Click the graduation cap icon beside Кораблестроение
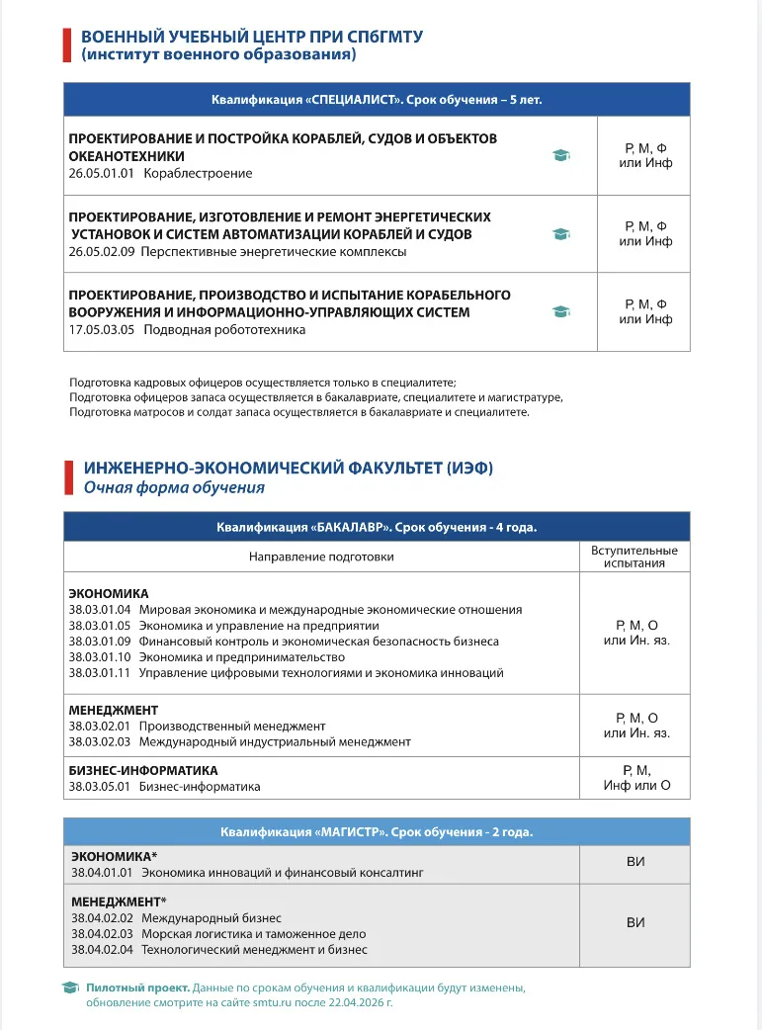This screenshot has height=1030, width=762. tap(561, 155)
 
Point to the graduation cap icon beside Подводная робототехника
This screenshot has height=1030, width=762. tap(561, 311)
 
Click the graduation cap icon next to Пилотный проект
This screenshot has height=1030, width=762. tap(70, 987)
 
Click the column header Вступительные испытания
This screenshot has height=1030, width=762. tap(634, 557)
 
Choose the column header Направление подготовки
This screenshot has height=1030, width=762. tap(321, 557)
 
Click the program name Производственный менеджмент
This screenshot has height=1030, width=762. tap(232, 726)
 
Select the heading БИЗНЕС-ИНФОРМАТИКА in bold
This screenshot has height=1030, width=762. tap(143, 770)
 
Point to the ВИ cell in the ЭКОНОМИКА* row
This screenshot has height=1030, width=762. tap(635, 862)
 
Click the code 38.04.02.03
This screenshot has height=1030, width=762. tap(103, 933)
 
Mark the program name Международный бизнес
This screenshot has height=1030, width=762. tap(212, 917)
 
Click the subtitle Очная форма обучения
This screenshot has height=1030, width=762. tap(174, 487)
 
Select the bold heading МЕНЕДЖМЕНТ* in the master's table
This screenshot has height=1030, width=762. tap(119, 901)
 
